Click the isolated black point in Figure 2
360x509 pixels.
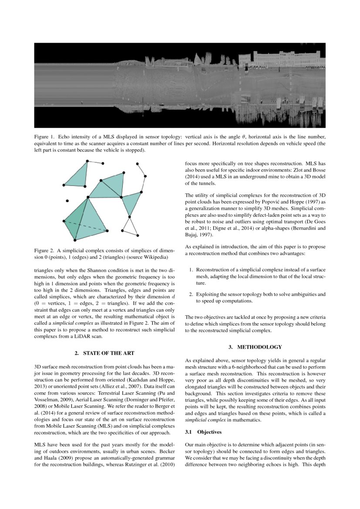pyautogui.click(x=67, y=201)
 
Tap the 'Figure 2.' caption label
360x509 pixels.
pyautogui.click(x=44, y=250)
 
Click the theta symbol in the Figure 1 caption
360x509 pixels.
pyautogui.click(x=244, y=136)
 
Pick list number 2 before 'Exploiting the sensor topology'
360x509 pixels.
pyautogui.click(x=191, y=294)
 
